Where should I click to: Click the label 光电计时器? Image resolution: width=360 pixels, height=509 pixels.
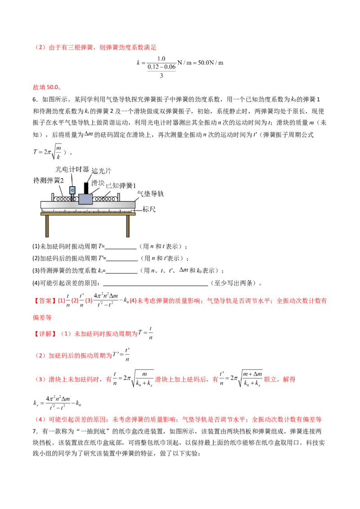pyautogui.click(x=72, y=169)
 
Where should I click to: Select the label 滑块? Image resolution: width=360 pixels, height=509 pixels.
pyautogui.click(x=98, y=183)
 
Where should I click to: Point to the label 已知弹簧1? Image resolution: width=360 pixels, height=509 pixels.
pyautogui.click(x=120, y=185)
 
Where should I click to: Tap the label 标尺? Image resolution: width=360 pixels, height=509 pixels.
pyautogui.click(x=149, y=209)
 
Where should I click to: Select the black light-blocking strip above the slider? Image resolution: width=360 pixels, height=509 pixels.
pyautogui.click(x=85, y=188)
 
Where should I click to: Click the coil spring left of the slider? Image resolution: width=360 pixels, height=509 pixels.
pyautogui.click(x=63, y=198)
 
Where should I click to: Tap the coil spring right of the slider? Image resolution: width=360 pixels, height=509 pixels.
pyautogui.click(x=104, y=198)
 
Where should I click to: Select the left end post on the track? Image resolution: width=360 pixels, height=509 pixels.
pyautogui.click(x=53, y=197)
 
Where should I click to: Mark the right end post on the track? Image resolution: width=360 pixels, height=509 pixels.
pyautogui.click(x=118, y=197)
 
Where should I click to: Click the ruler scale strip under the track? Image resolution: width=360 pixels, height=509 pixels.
pyautogui.click(x=88, y=210)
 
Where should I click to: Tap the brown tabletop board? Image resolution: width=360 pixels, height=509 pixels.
pyautogui.click(x=88, y=214)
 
